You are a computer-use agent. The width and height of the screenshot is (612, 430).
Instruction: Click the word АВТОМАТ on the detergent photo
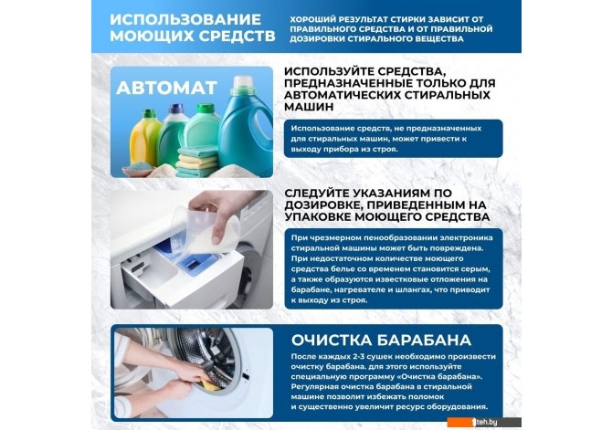[x=166, y=88]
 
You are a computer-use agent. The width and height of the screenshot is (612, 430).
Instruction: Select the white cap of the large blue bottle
[x=243, y=83]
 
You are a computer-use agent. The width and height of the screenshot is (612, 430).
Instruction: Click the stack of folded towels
[x=197, y=161]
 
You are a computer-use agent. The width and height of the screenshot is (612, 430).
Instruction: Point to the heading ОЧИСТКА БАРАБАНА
[x=381, y=341]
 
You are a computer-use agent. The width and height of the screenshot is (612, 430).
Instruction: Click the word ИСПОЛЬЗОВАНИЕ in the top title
[x=185, y=19]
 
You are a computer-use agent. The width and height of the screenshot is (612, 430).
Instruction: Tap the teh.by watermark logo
[x=485, y=422]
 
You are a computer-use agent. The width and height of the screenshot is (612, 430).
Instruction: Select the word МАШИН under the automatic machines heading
[x=309, y=107]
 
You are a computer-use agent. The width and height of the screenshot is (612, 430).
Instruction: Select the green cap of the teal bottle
[x=206, y=108]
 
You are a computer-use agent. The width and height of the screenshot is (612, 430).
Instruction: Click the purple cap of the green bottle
[x=176, y=108]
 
